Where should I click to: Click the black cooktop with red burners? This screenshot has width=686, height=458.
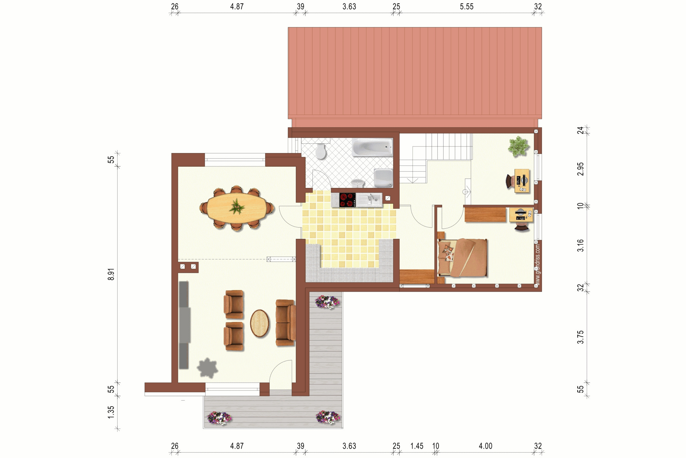pos(347,200)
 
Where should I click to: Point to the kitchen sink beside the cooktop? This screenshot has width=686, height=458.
pos(369,200)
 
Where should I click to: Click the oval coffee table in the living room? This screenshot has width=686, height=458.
pos(260,323)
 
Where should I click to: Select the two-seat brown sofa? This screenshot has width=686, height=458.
pos(285,323)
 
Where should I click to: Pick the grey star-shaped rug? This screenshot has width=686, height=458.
pos(207,368)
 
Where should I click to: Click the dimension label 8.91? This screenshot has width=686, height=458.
pos(111,274)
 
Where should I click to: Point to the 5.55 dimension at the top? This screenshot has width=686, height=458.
pos(466,6)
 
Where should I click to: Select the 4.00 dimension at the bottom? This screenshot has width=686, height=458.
pos(485,446)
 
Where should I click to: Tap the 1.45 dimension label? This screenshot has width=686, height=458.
pos(417,446)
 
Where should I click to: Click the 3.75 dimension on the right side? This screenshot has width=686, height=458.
pos(580,337)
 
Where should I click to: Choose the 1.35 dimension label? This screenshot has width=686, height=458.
pos(111,412)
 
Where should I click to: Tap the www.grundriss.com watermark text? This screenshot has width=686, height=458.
pos(538,265)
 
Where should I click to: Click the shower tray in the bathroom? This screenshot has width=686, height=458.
pos(383,178)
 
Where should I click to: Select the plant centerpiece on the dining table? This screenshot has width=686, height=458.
pos(237,207)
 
